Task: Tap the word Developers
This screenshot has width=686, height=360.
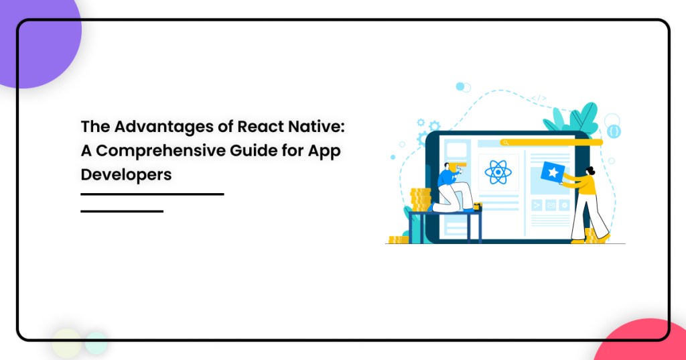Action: coord(126,174)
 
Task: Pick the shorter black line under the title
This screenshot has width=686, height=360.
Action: coord(122,211)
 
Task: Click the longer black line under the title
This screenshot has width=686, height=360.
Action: coord(152,194)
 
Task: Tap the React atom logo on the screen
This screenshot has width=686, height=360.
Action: coord(498,172)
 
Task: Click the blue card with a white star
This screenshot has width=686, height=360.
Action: coord(553,173)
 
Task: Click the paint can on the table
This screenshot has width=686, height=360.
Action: coord(477,206)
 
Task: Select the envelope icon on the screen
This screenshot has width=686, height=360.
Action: coord(550,205)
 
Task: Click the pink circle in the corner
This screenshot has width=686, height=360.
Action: coord(643,342)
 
